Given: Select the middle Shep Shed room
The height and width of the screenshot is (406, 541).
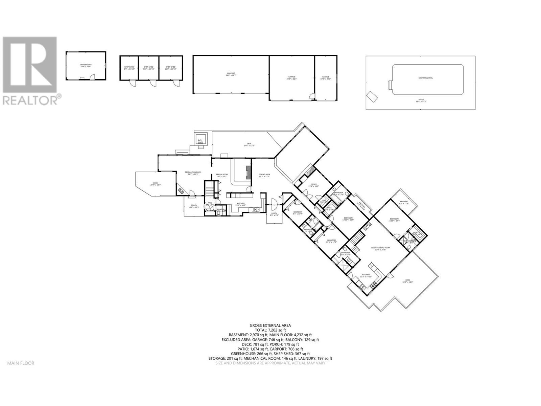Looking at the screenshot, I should pyautogui.click(x=148, y=68).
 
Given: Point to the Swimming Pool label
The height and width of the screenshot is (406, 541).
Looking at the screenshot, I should pyautogui.click(x=425, y=78).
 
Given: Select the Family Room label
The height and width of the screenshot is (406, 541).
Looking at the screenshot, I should pyautogui.click(x=222, y=175).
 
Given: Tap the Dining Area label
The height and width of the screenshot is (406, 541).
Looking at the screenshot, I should pyautogui.click(x=264, y=175).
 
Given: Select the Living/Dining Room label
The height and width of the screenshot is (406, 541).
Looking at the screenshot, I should pyautogui.click(x=380, y=248).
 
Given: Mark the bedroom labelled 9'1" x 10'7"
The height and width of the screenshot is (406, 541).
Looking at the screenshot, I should pyautogui.click(x=298, y=213).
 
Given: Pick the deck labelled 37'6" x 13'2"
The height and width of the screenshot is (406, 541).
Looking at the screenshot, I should pyautogui.click(x=249, y=144).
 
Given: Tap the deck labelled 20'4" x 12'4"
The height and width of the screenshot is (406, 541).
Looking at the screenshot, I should pyautogui.click(x=156, y=184).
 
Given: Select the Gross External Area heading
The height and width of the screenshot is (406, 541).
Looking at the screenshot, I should pyautogui.click(x=270, y=325).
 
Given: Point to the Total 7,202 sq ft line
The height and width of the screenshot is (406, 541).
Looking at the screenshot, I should pyautogui.click(x=270, y=330).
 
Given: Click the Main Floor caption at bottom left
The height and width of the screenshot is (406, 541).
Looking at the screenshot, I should pyautogui.click(x=21, y=363).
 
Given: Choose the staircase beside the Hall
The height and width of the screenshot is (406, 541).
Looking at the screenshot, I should pyautogui.click(x=210, y=190).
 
